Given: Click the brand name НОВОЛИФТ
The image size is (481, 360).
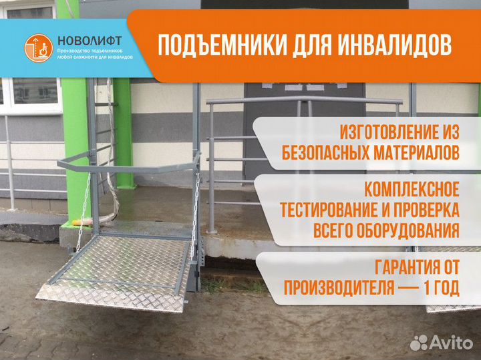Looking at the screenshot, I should [84, 39].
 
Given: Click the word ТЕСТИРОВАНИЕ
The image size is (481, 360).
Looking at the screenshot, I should [335, 210].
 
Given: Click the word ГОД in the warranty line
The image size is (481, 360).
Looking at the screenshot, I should [445, 288].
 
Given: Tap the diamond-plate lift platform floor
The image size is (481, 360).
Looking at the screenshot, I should [134, 260].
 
